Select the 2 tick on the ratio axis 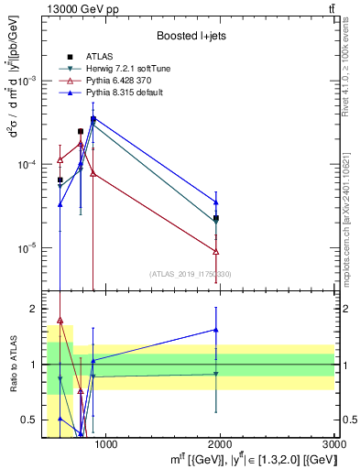click(x=33, y=309)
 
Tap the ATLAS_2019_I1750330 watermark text click(x=190, y=274)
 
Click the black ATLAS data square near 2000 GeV click(x=216, y=218)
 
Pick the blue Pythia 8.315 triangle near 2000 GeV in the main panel click(x=216, y=202)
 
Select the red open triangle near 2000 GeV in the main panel click(x=216, y=251)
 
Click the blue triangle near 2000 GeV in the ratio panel click(x=216, y=330)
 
